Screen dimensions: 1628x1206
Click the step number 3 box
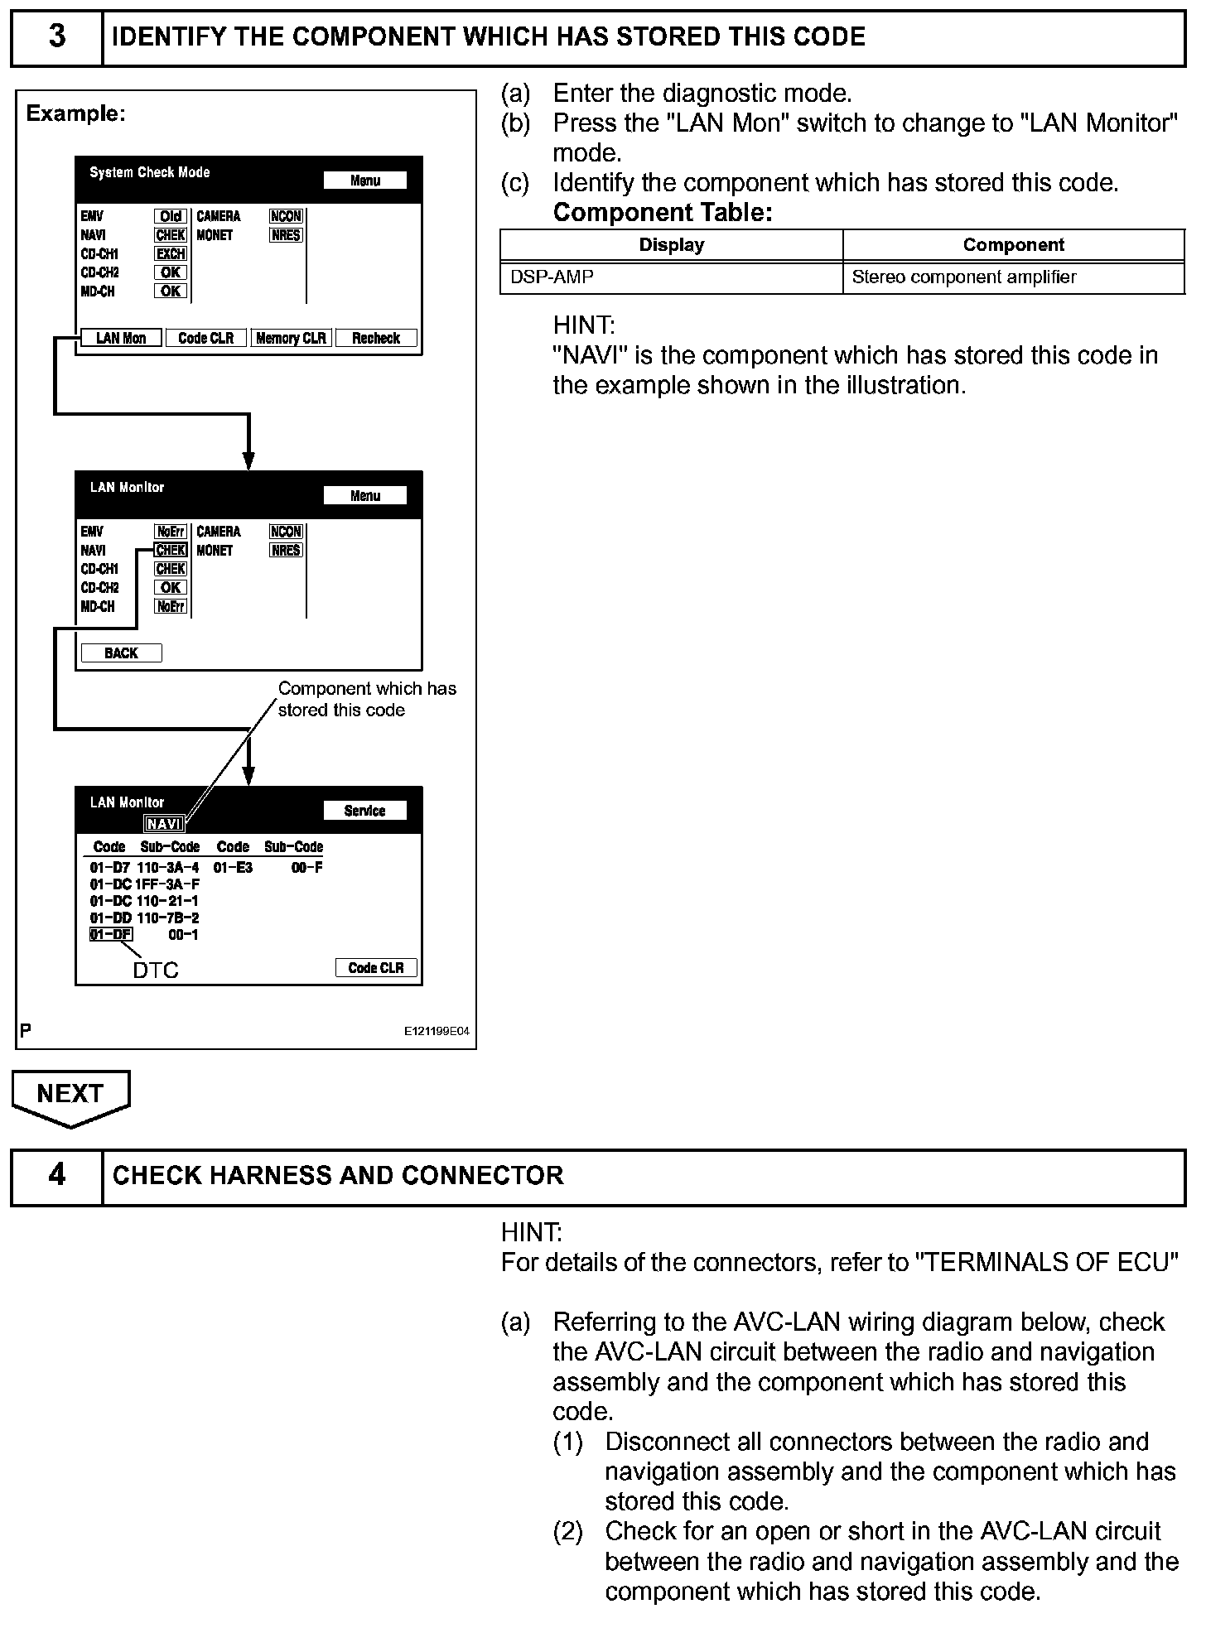56,37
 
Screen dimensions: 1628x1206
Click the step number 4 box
56,1175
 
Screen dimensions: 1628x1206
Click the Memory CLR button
291,338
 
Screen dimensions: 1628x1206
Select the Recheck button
376,338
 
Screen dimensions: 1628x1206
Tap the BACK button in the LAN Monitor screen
121,653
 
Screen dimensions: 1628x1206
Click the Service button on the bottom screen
364,811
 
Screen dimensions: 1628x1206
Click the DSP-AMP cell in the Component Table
552,277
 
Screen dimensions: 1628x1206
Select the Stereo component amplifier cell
964,277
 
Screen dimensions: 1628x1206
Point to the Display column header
671,245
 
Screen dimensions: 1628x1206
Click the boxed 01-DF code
110,935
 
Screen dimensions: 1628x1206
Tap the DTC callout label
156,970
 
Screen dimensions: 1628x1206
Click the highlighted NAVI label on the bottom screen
164,824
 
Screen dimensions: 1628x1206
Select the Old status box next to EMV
171,216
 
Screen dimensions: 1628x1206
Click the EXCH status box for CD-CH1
171,254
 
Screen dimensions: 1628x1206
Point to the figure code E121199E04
437,1032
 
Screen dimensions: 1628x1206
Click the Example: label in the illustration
76,113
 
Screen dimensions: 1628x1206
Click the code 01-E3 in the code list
233,868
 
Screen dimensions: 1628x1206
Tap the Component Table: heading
663,213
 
